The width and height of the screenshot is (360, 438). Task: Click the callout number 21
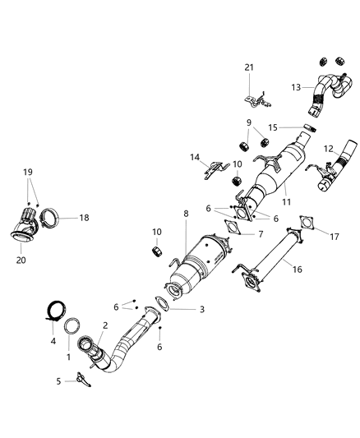tap(250, 67)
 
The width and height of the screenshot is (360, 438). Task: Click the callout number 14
tap(196, 157)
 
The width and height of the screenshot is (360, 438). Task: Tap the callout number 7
tap(261, 234)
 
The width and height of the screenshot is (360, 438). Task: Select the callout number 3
tap(202, 309)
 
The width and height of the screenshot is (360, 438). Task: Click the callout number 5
tap(59, 380)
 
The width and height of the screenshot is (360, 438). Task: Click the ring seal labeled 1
tap(72, 323)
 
